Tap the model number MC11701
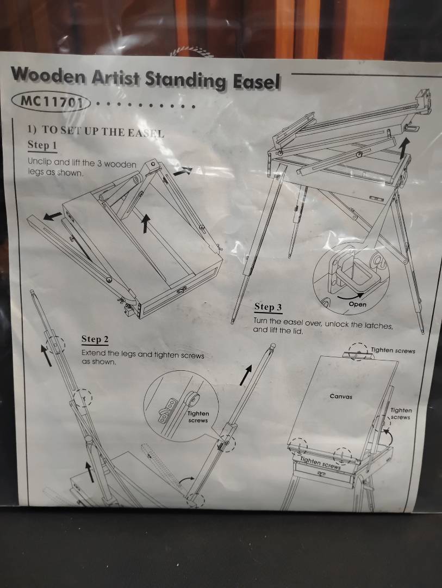click(51, 101)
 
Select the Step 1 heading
click(42, 145)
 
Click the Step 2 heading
click(95, 339)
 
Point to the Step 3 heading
click(268, 307)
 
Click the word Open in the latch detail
click(357, 304)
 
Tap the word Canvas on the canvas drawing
click(341, 396)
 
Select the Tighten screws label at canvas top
click(393, 351)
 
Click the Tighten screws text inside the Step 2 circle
click(198, 417)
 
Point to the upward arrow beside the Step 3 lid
click(403, 148)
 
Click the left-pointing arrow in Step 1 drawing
click(52, 216)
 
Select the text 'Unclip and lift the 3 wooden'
click(82, 163)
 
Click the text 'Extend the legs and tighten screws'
click(143, 354)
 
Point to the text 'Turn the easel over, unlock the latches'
click(323, 323)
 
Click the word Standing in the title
click(185, 79)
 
